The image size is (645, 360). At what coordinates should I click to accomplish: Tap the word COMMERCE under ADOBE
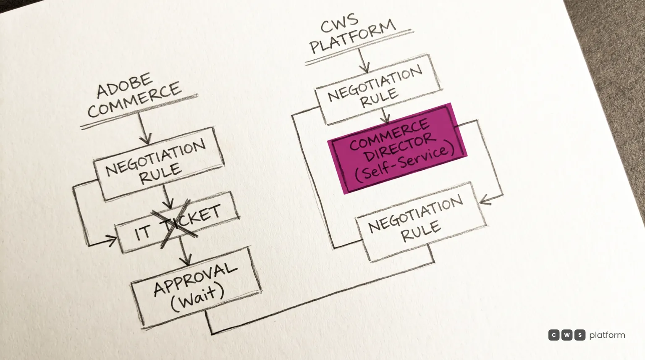[x=134, y=100]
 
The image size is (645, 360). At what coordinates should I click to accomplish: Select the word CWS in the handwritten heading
[x=339, y=23]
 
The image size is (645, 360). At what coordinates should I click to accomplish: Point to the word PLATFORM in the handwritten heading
[x=353, y=37]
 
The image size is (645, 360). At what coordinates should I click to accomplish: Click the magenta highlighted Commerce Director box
[x=398, y=148]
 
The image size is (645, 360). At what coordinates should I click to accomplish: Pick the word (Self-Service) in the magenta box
[x=405, y=163]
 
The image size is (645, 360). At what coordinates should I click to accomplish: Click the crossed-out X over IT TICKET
[x=175, y=223]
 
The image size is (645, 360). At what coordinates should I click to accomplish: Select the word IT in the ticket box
[x=142, y=232]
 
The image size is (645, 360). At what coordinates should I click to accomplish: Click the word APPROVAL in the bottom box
[x=195, y=279]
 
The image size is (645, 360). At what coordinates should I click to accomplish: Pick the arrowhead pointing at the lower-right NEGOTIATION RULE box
[x=485, y=200]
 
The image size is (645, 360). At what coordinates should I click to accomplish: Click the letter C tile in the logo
[x=554, y=335]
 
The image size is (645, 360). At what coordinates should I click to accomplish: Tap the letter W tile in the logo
[x=566, y=335]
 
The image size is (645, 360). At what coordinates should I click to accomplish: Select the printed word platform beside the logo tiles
[x=607, y=335]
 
